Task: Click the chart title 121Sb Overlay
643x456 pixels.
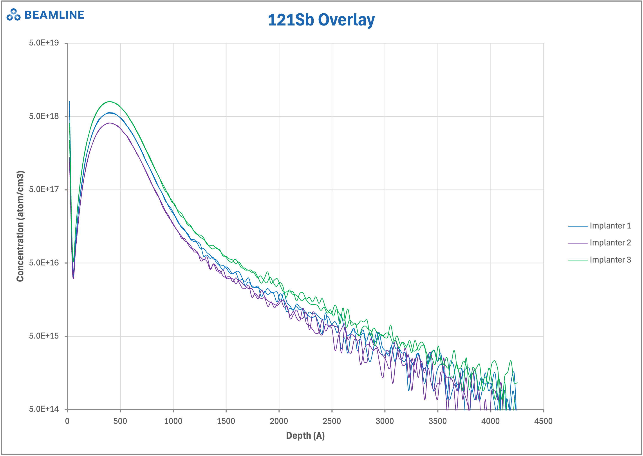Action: point(321,20)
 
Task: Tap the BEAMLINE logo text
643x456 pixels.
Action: point(54,15)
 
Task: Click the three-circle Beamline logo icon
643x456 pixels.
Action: point(13,14)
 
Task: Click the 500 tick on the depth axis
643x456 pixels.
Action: point(120,421)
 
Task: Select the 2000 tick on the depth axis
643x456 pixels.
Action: point(279,421)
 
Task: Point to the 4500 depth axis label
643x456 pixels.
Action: point(543,421)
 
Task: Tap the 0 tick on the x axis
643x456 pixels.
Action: point(67,421)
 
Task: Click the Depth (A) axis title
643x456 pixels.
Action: point(305,436)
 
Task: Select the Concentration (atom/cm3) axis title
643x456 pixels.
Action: point(20,226)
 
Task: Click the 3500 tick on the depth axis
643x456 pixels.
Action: point(437,421)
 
